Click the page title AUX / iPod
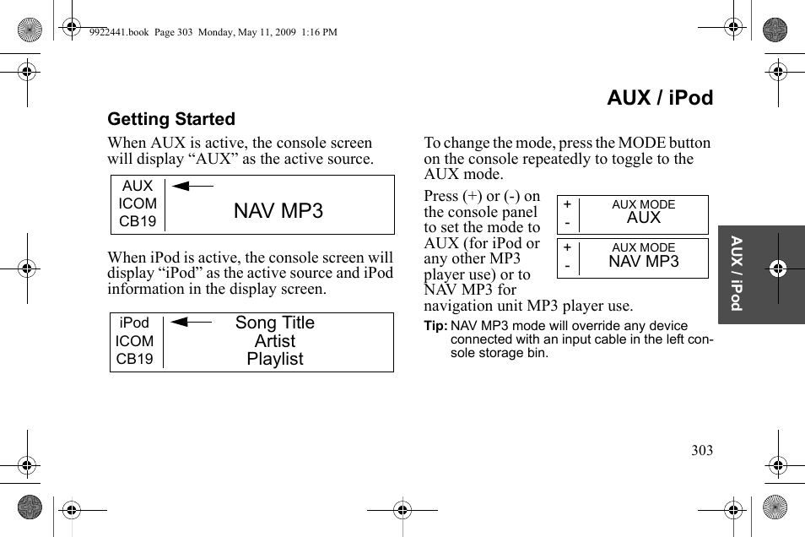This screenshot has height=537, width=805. coord(659,98)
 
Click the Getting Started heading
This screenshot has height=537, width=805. coord(171,119)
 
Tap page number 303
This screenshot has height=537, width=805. coord(701,450)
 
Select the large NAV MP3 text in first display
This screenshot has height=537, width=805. coord(278,210)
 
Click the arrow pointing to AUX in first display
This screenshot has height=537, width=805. coord(192,186)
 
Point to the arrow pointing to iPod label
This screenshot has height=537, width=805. coord(191,322)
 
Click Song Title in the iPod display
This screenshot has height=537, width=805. coord(274,323)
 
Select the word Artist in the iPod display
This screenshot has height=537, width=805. coord(274,341)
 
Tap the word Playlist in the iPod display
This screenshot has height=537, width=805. coord(274,359)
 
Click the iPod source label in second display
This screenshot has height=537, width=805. coord(134,323)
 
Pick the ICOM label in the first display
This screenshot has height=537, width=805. coord(138,203)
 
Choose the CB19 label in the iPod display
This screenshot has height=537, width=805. coord(135,359)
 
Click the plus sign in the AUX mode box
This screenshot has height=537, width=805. coord(567,204)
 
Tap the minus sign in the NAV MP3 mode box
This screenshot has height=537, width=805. coord(567,266)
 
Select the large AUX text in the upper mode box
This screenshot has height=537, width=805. coord(643,218)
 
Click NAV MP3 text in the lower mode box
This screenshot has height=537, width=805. coord(643,262)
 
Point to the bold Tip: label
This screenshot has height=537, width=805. coord(435,326)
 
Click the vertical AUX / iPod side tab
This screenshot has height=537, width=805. coord(737,274)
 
